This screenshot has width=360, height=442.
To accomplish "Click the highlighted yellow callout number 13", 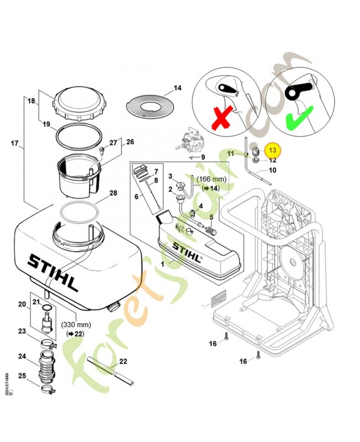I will (272, 150).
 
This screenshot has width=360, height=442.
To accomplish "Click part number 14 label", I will (177, 88).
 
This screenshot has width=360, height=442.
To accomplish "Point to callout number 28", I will (113, 193).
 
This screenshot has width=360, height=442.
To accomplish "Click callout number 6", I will (136, 197).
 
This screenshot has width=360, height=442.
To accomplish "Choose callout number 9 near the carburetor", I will (203, 157).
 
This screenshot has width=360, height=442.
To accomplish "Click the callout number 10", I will (272, 170).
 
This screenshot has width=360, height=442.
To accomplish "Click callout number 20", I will (22, 304).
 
